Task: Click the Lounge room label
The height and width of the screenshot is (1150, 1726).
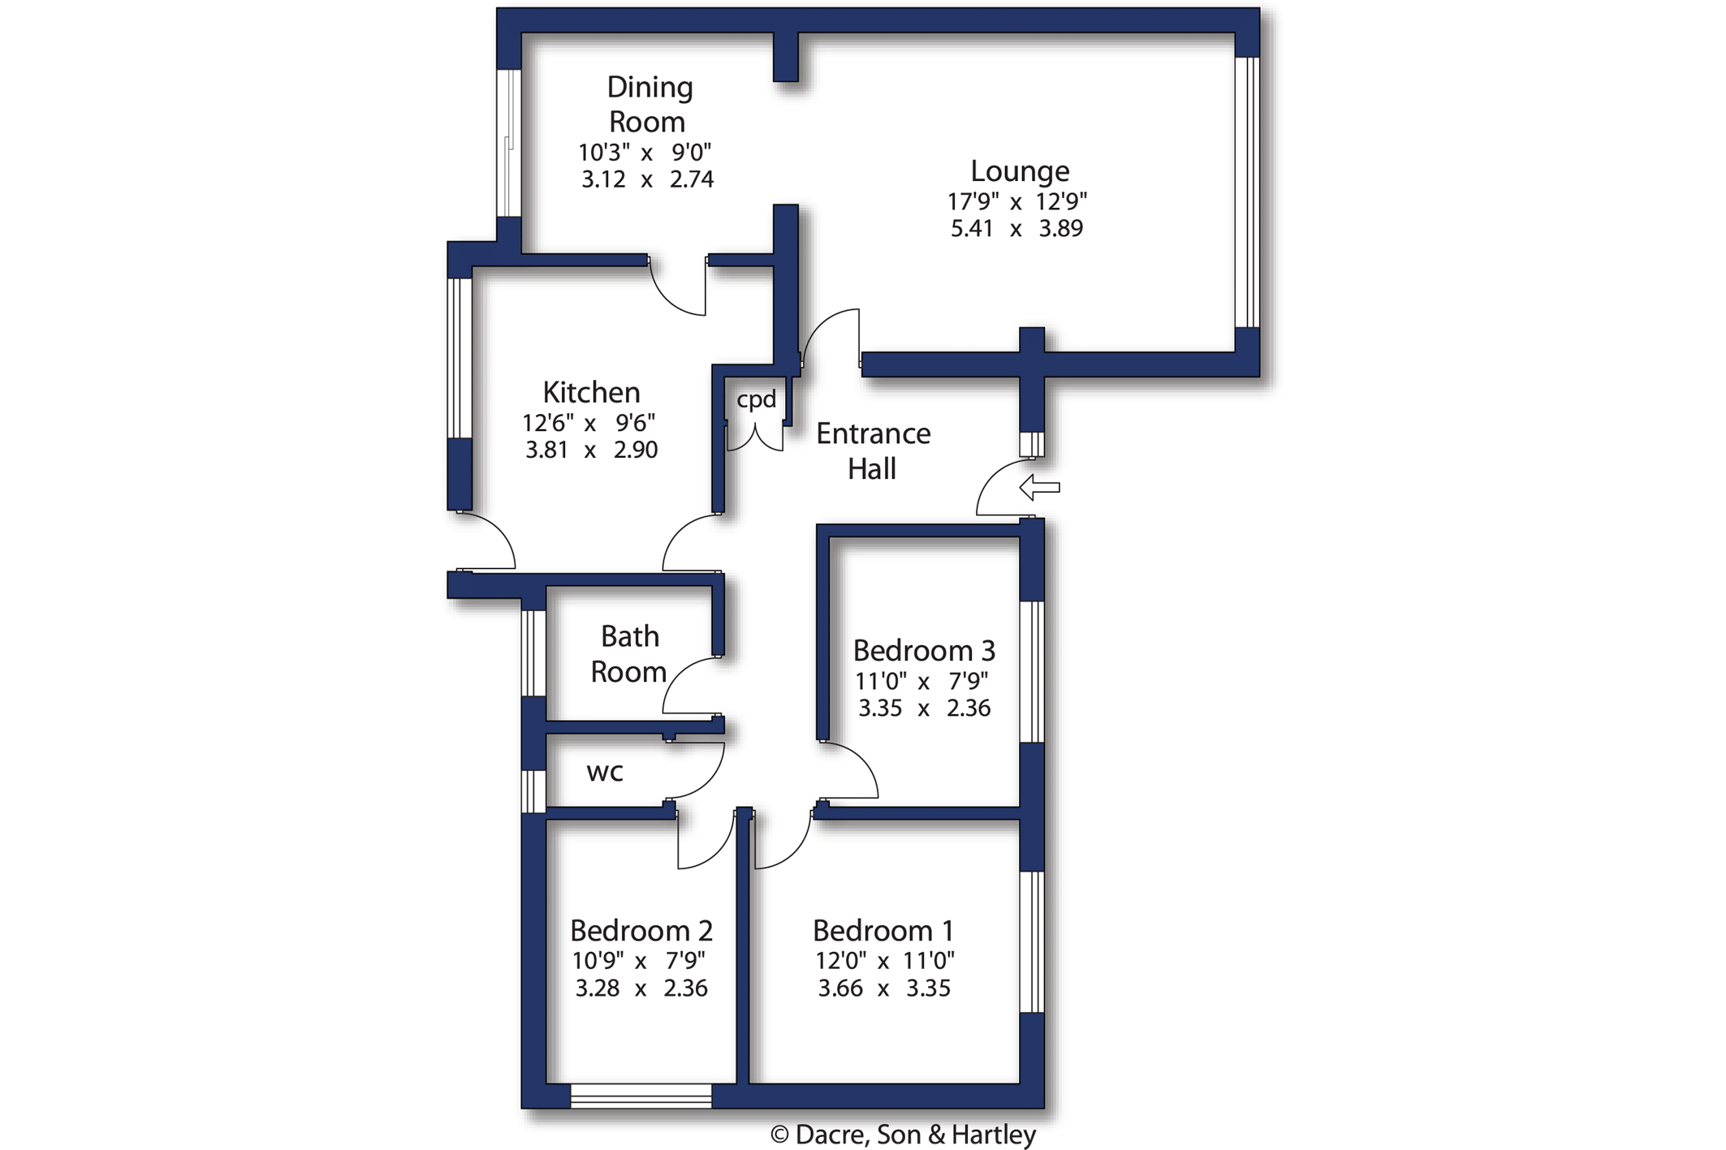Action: (x=1020, y=171)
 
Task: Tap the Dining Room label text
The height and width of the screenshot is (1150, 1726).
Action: (x=649, y=105)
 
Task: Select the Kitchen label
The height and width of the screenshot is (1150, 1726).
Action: (x=591, y=393)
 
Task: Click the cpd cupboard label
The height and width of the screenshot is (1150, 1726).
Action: (x=756, y=399)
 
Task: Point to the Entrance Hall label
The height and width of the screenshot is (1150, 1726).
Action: (x=873, y=451)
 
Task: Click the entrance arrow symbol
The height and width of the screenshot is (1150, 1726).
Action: (x=1039, y=487)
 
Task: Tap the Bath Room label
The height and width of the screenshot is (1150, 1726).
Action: (x=629, y=654)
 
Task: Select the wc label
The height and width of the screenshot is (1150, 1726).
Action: (x=605, y=772)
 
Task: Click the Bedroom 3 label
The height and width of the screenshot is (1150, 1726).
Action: (x=924, y=651)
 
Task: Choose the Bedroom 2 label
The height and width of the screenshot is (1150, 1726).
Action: (x=641, y=930)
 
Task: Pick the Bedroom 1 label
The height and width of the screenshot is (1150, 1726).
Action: (x=883, y=930)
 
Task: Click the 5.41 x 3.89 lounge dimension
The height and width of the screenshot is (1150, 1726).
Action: (x=1016, y=229)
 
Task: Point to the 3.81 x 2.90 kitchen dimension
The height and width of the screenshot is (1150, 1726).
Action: (x=591, y=450)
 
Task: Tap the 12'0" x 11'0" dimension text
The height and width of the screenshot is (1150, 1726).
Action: (x=885, y=961)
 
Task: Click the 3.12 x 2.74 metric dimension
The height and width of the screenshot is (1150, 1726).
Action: (x=647, y=179)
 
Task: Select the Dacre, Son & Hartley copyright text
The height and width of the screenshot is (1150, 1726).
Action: (x=903, y=1135)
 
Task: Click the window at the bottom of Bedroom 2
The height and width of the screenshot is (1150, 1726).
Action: (x=641, y=1096)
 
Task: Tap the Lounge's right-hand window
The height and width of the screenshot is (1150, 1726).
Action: (x=1247, y=192)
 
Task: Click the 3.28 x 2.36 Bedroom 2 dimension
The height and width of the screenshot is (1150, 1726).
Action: (x=641, y=988)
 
